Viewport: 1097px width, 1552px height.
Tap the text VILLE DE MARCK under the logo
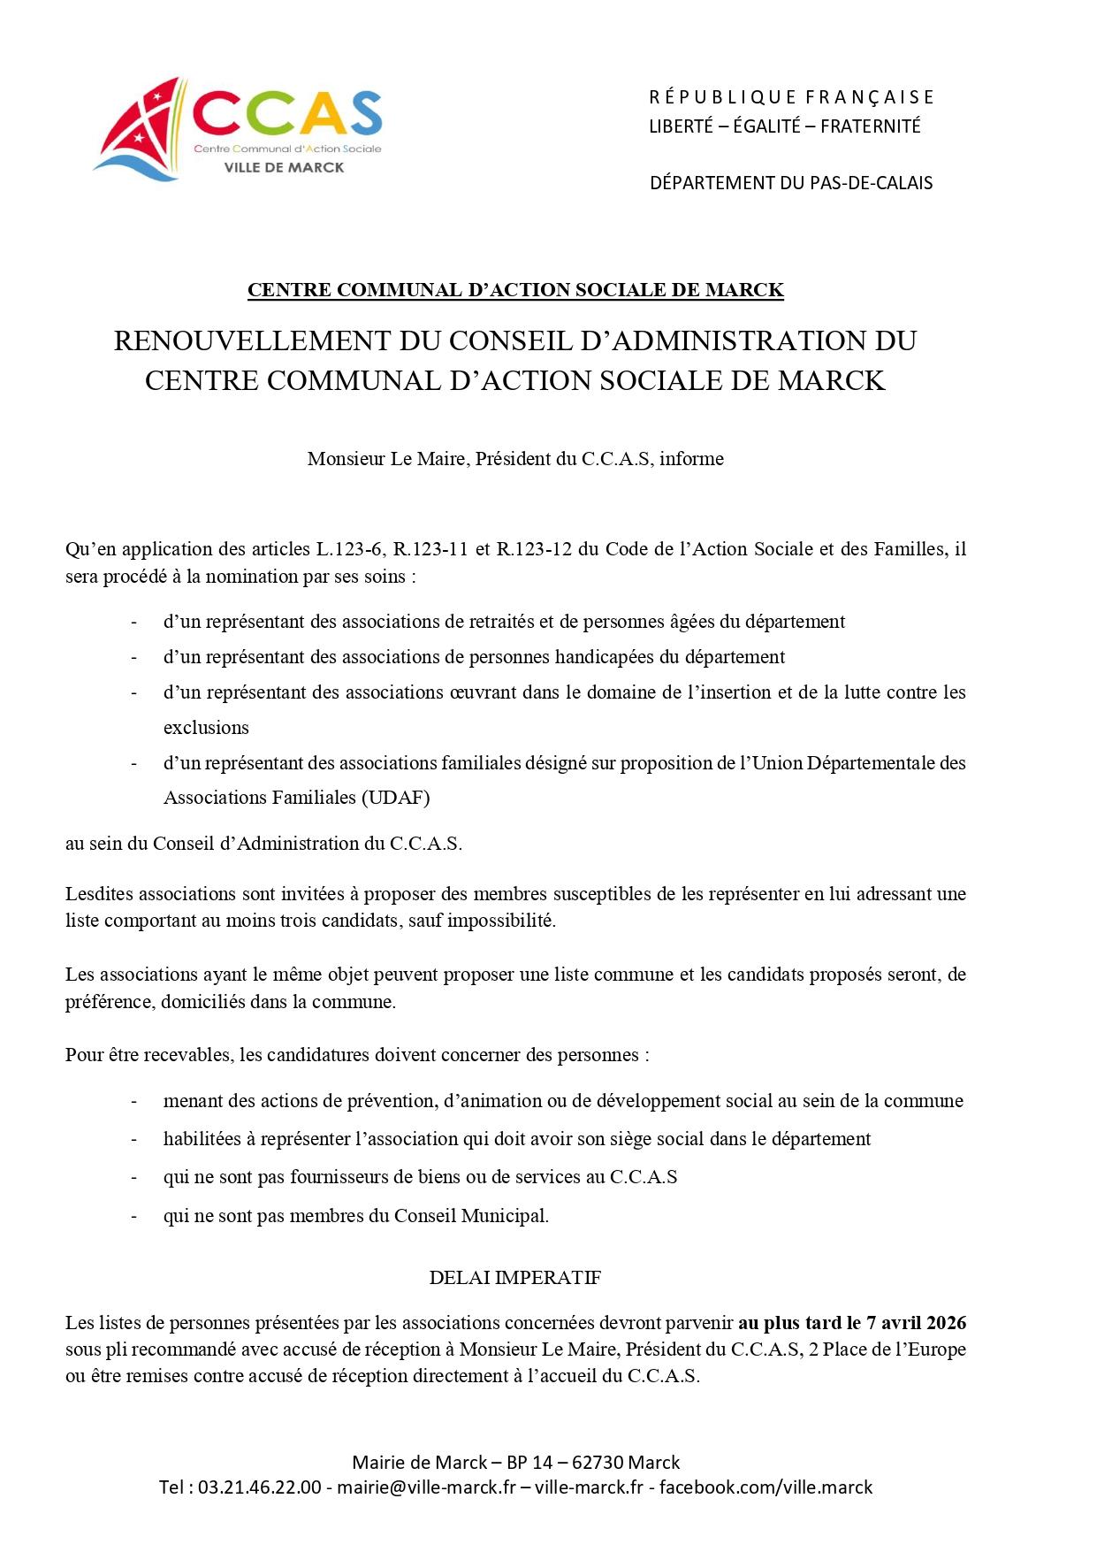click(285, 167)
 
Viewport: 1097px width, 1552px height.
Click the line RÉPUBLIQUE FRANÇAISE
click(791, 96)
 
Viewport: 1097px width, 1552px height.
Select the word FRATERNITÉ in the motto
click(871, 126)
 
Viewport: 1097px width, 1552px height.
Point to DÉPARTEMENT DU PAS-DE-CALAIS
click(791, 183)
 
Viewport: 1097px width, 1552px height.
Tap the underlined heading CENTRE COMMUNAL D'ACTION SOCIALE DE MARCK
click(515, 290)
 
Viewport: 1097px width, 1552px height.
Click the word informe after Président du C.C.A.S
click(691, 459)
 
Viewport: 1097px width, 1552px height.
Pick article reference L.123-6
click(351, 549)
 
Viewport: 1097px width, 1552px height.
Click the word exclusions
click(206, 728)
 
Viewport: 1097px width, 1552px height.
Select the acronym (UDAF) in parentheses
click(394, 798)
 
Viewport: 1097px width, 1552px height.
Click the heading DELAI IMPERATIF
click(514, 1278)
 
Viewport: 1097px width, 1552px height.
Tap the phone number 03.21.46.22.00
click(260, 1487)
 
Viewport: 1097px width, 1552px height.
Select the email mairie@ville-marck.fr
click(426, 1487)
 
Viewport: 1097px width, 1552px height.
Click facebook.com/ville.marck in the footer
click(766, 1487)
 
